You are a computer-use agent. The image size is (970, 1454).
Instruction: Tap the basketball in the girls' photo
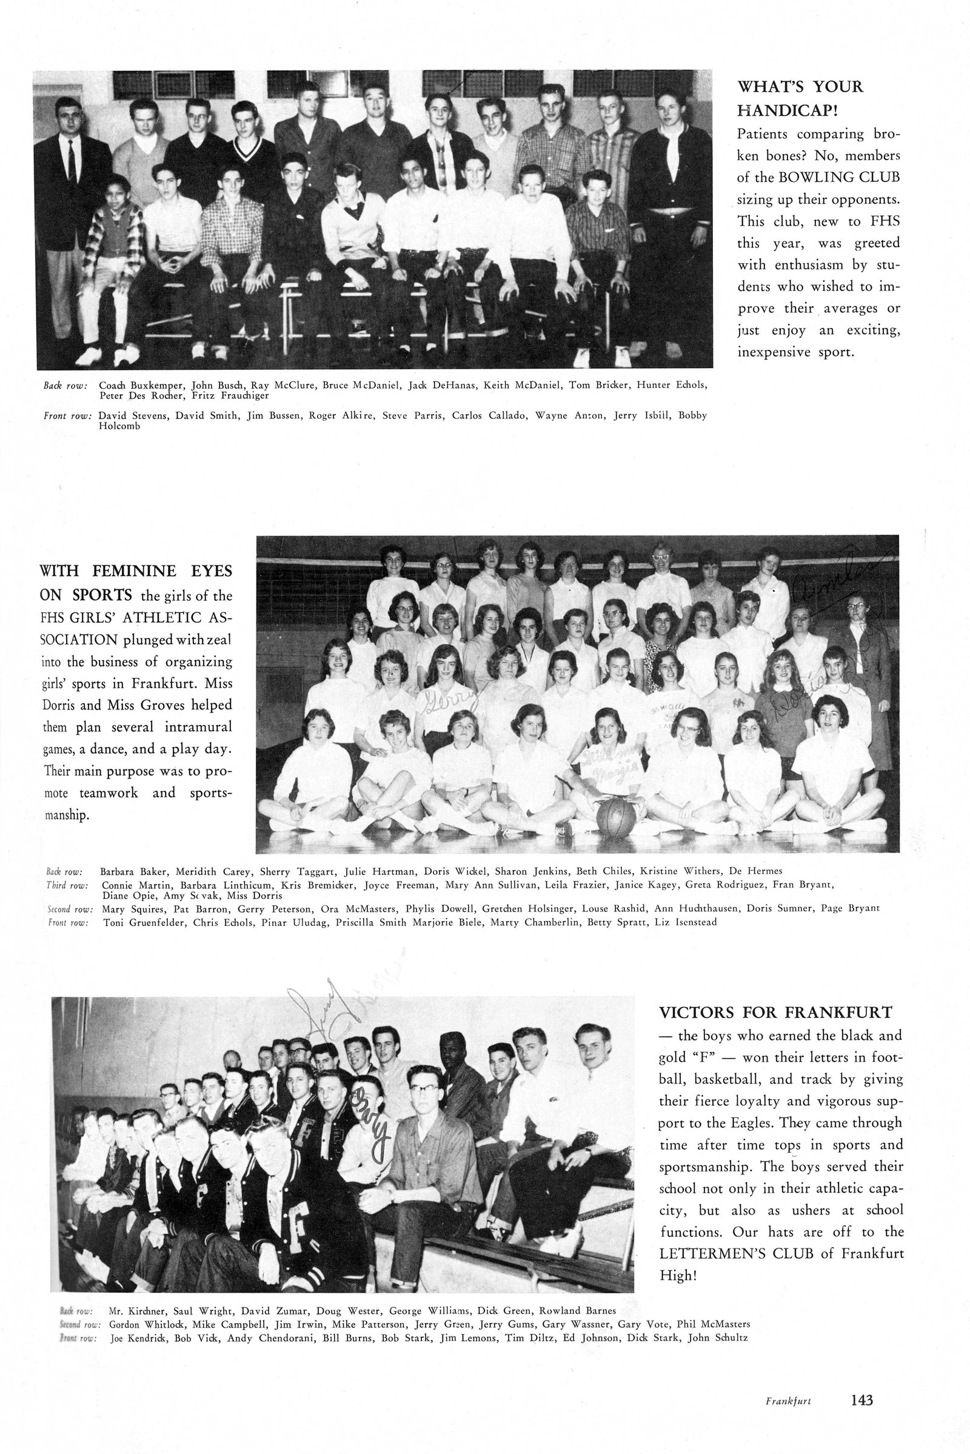[x=615, y=818]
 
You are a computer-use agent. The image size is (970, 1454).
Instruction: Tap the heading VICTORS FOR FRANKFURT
[x=775, y=1012]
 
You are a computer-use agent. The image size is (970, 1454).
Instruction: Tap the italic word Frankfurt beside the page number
[x=788, y=1384]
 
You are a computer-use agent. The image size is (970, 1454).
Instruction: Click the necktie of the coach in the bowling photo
[x=72, y=161]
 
